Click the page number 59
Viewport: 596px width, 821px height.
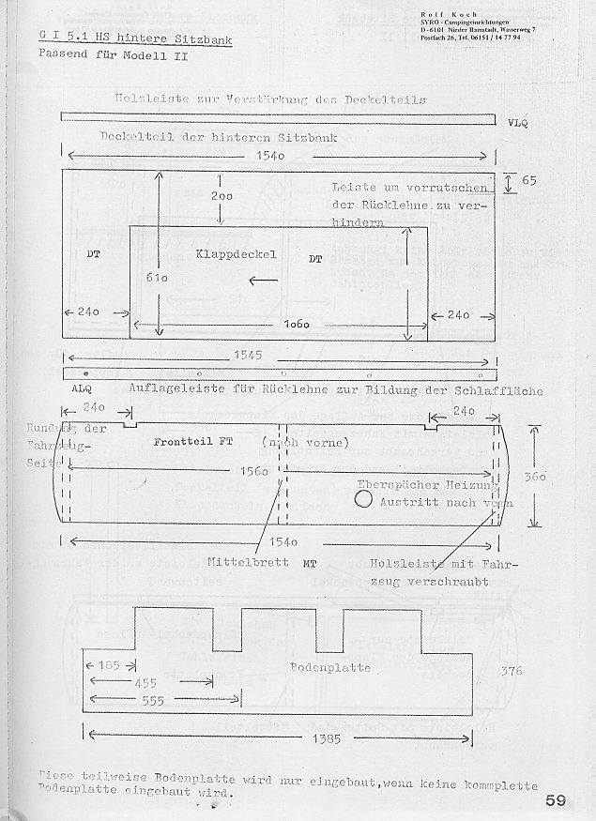click(555, 800)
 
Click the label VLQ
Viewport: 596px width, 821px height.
click(517, 124)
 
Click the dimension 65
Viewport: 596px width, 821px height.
click(529, 180)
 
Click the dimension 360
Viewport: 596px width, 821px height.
click(535, 477)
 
